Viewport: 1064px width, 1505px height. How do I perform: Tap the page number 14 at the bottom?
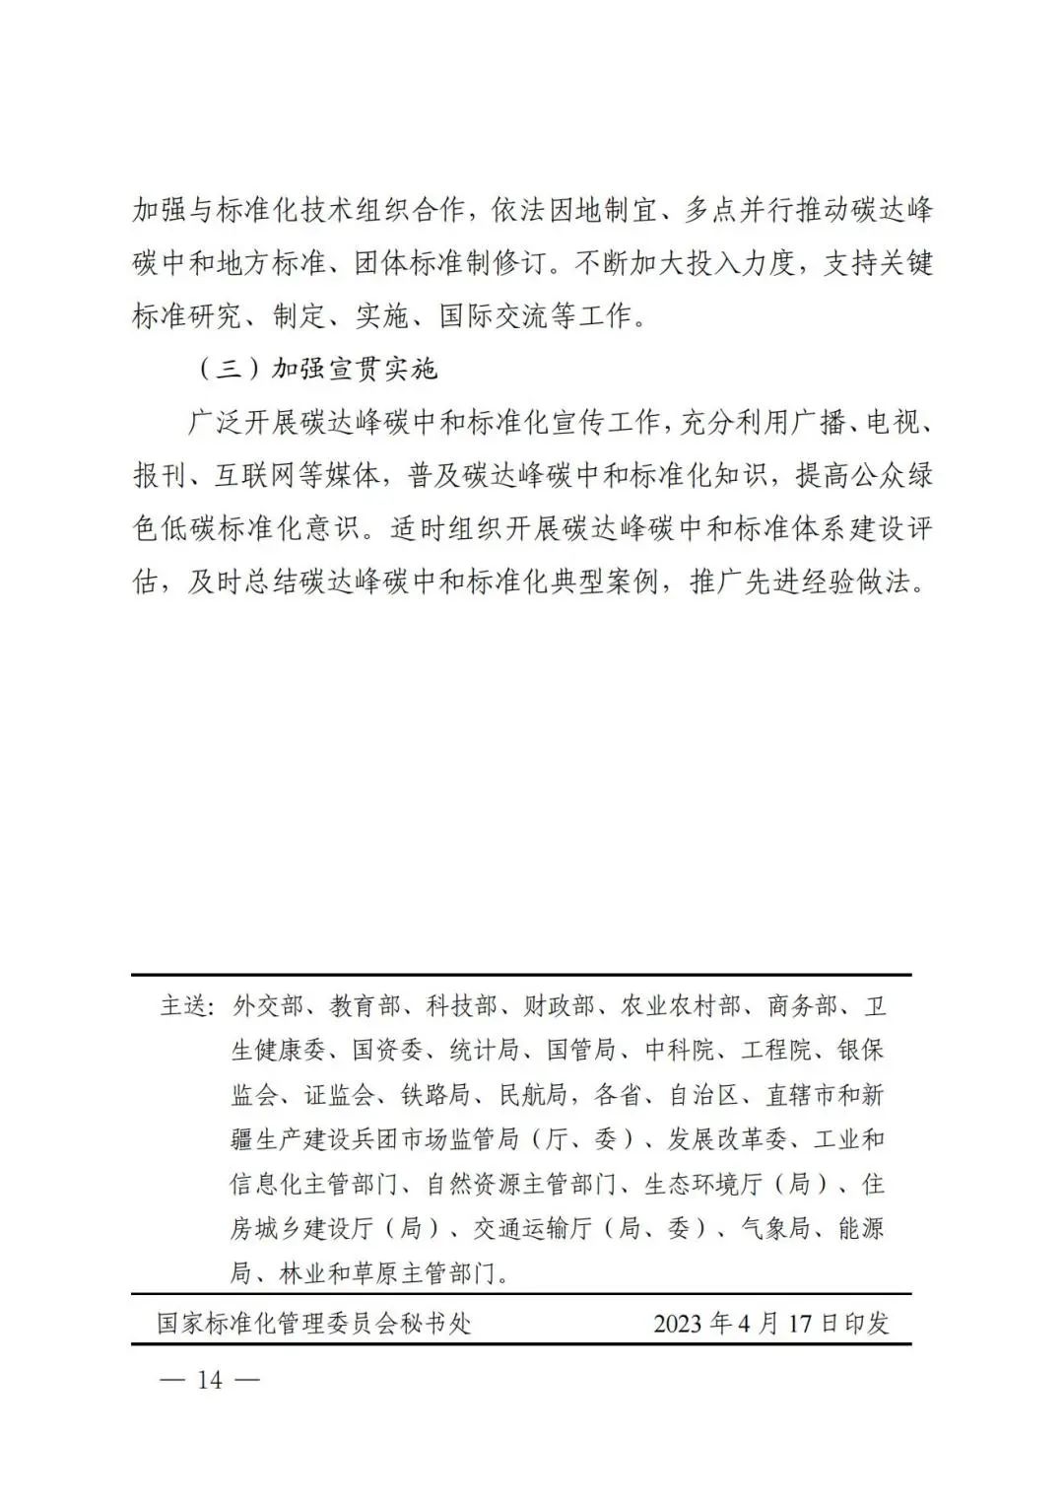coord(210,1379)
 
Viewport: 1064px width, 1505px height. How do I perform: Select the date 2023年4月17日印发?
coord(770,1323)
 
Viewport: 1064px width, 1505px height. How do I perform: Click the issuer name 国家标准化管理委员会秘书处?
coord(314,1323)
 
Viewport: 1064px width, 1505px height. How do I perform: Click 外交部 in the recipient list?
coord(268,1006)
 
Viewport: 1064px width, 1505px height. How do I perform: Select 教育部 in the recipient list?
coord(365,1006)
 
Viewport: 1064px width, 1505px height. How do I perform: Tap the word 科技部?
coord(461,1006)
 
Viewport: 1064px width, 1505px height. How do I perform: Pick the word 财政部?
coord(559,1006)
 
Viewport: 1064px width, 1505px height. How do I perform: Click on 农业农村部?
coord(680,1006)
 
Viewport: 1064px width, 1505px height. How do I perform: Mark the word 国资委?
coord(388,1051)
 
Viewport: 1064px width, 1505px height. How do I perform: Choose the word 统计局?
coord(485,1051)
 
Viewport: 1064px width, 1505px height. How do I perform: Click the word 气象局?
coord(774,1228)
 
